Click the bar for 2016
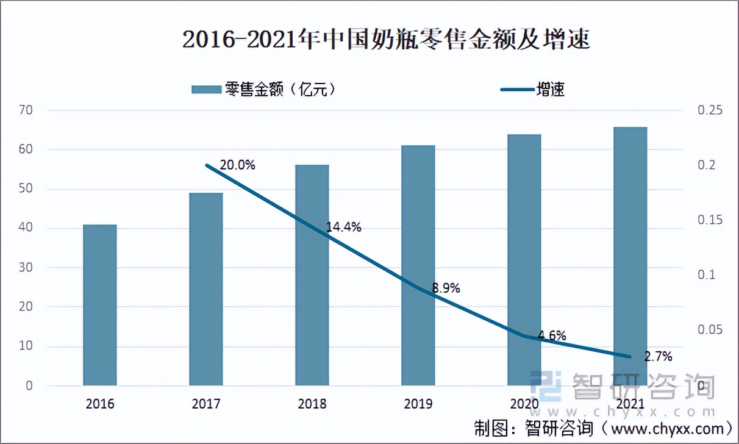(x=100, y=305)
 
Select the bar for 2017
(x=206, y=289)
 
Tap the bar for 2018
(x=312, y=275)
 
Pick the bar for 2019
(x=418, y=265)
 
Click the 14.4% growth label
(x=343, y=227)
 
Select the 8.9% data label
(x=446, y=288)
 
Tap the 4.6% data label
(x=552, y=335)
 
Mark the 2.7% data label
(x=658, y=356)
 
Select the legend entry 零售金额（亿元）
(x=264, y=90)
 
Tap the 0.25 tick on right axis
(x=709, y=110)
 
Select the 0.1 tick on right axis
(x=706, y=275)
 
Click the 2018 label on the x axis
(x=312, y=404)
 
